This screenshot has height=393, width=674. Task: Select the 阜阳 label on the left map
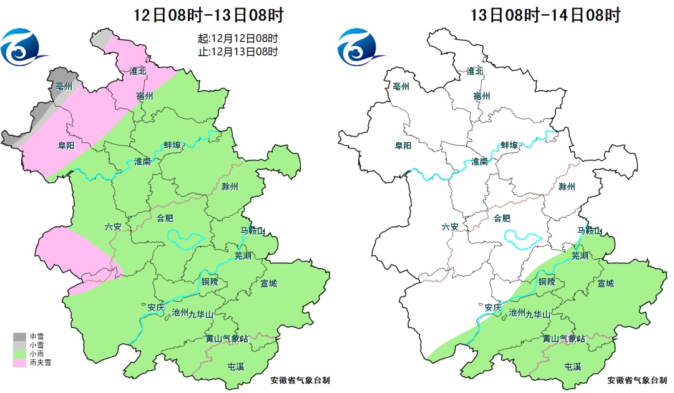[67, 145]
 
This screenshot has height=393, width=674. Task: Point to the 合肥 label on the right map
[502, 218]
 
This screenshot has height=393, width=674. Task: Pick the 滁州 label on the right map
[567, 187]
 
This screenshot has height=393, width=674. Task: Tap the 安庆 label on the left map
[156, 307]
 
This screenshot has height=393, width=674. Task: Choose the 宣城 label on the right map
[605, 283]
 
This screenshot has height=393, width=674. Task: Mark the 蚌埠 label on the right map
[509, 145]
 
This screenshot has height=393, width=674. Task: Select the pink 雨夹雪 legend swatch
[17, 362]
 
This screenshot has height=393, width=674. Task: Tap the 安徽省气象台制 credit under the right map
[637, 379]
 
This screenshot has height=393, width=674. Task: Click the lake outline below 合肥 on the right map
[523, 237]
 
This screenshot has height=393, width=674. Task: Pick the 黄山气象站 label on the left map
[227, 339]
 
